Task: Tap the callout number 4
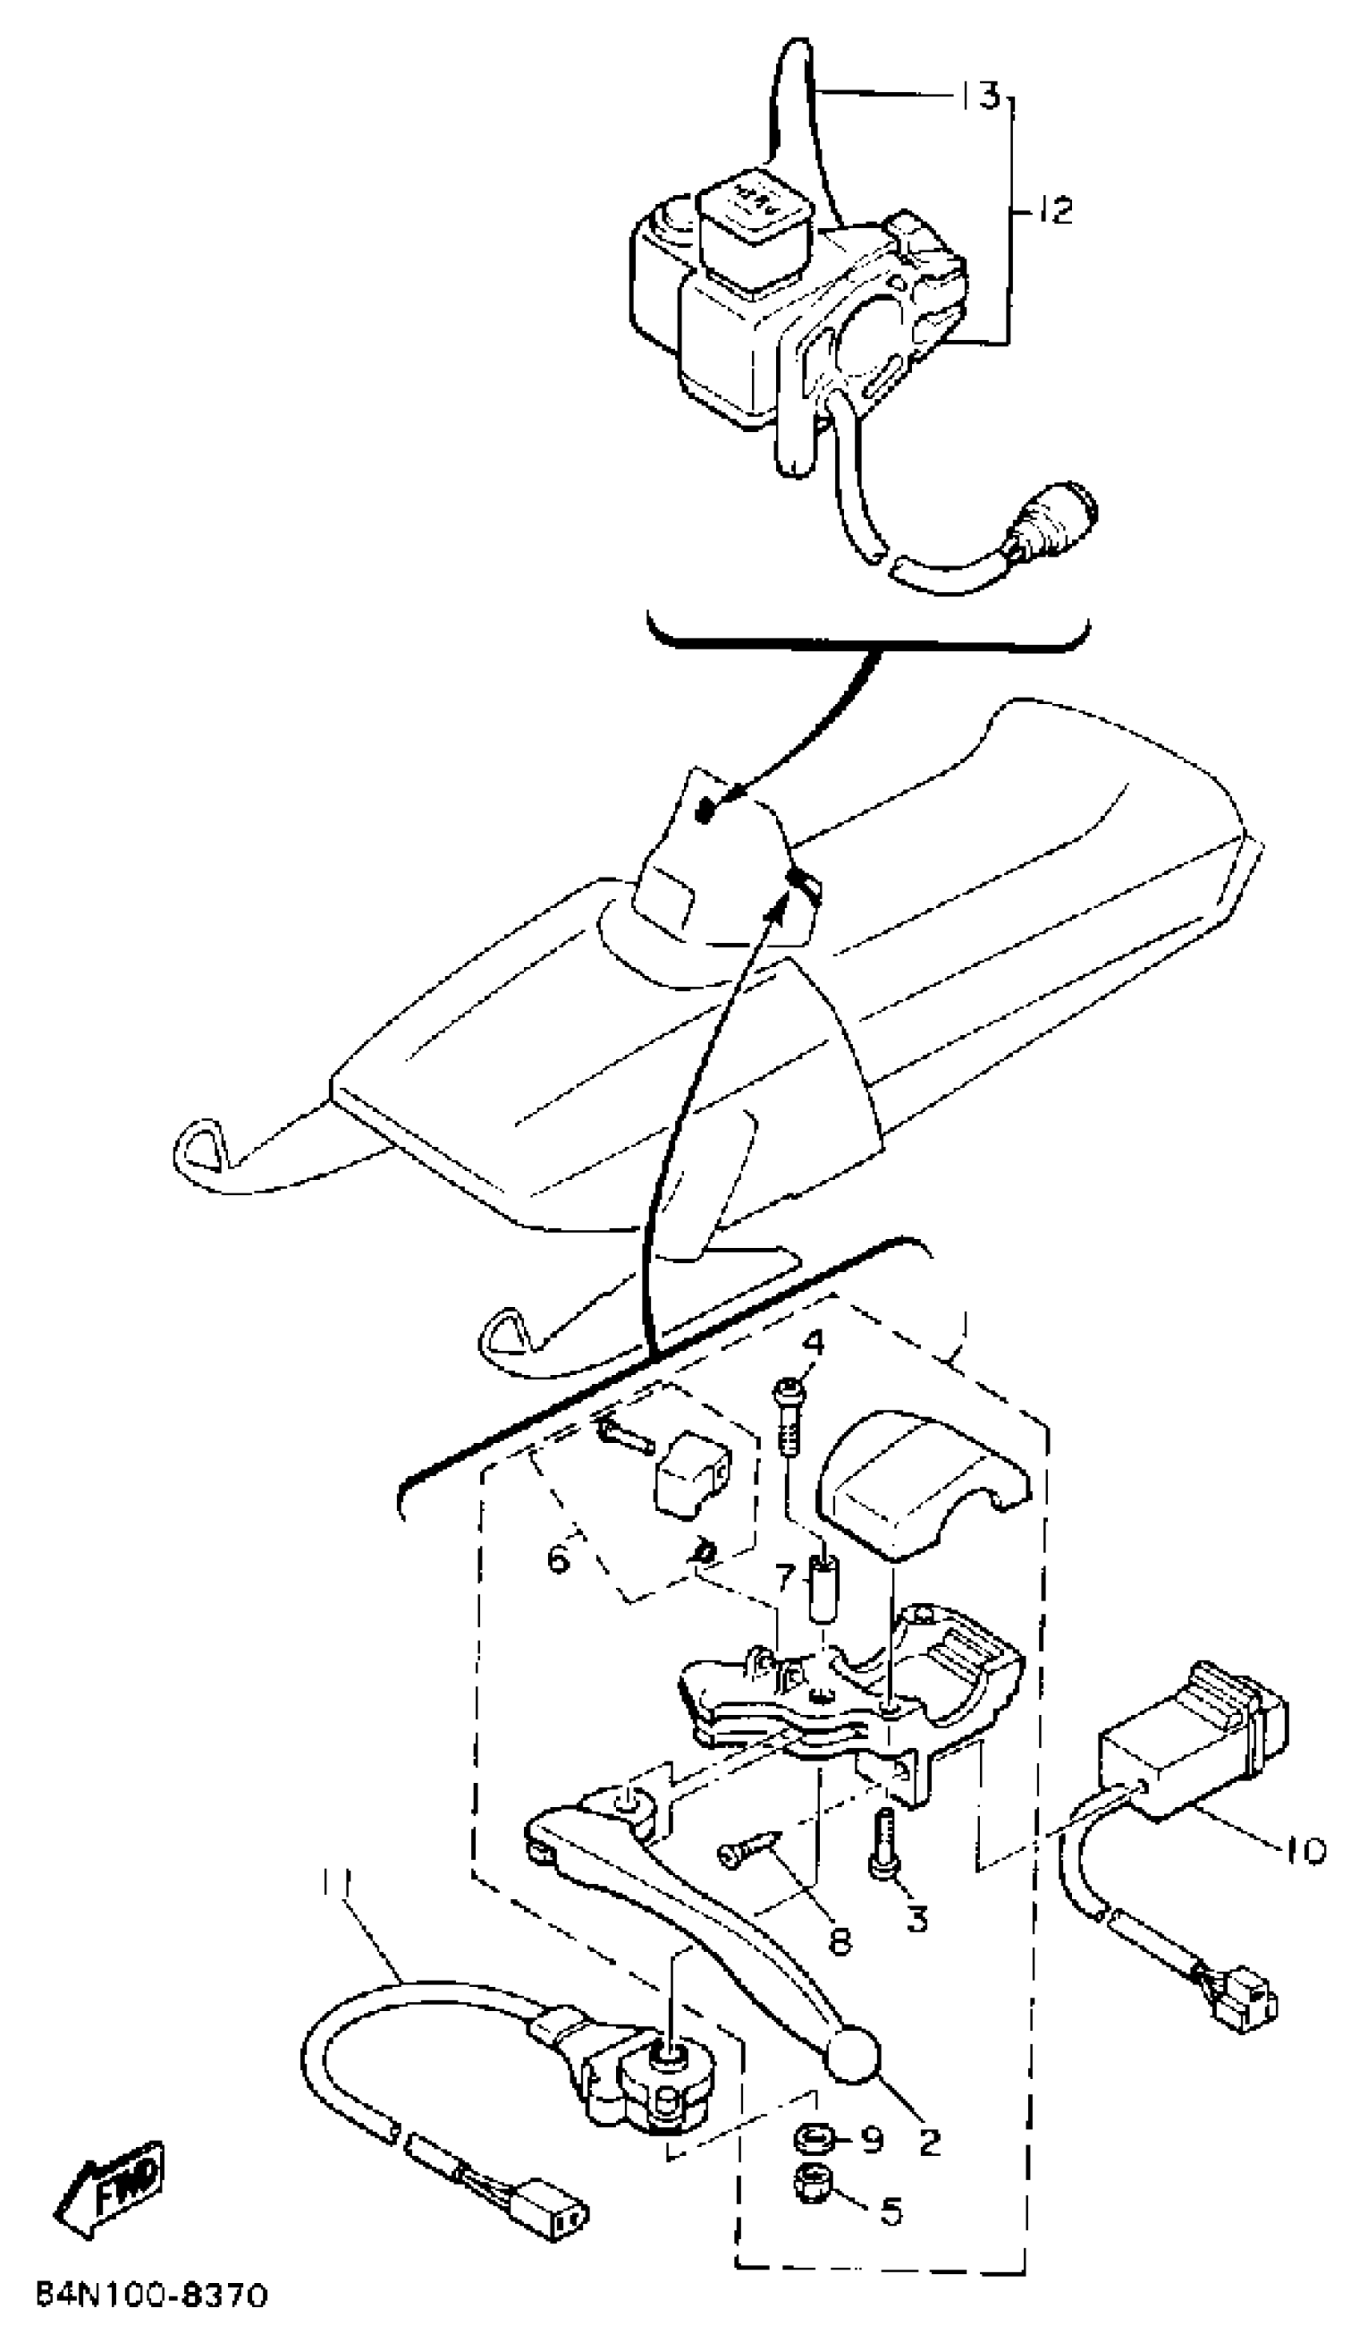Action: pos(814,1345)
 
